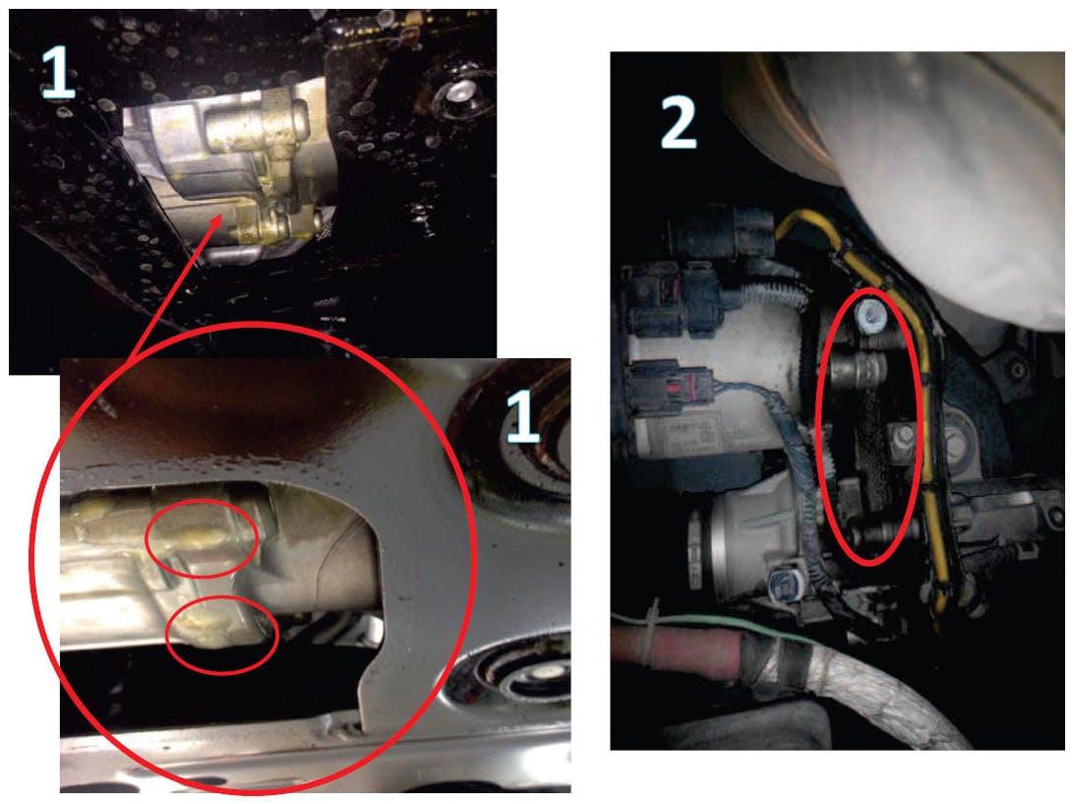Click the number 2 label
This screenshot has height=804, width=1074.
point(678,122)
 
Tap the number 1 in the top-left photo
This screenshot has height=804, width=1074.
point(58,71)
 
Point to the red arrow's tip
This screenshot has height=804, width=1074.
point(220,215)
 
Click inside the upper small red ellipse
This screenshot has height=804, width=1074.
point(202,538)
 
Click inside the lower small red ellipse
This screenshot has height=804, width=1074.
point(222,635)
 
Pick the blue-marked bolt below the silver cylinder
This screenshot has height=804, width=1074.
point(781,584)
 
